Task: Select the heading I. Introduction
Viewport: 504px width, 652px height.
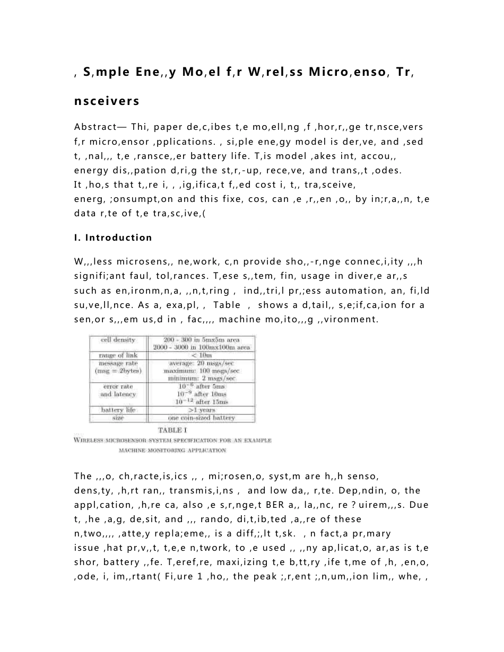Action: pyautogui.click(x=113, y=237)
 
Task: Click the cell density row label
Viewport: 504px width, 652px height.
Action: pyautogui.click(x=118, y=340)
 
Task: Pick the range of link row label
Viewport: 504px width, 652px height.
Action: pyautogui.click(x=118, y=355)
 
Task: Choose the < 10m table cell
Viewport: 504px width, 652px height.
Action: pyautogui.click(x=201, y=355)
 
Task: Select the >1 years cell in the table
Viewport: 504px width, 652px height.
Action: pyautogui.click(x=201, y=410)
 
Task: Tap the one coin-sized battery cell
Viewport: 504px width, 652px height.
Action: pyautogui.click(x=201, y=418)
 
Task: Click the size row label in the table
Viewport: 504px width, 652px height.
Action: pyautogui.click(x=118, y=418)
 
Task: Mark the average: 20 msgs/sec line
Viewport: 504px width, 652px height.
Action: pyautogui.click(x=201, y=364)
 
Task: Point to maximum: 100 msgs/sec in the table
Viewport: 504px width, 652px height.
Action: pyautogui.click(x=201, y=371)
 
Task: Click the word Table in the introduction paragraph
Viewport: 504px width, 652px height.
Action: pyautogui.click(x=226, y=305)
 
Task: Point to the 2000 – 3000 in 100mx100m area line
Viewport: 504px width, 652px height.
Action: pyautogui.click(x=201, y=347)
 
